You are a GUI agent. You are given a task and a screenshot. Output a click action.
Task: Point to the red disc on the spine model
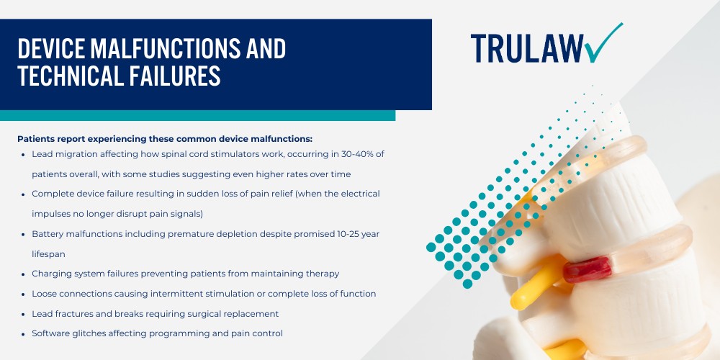(587, 270)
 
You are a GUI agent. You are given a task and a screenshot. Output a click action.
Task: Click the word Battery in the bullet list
(49, 234)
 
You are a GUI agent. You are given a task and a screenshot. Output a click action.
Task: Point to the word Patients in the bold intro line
(37, 138)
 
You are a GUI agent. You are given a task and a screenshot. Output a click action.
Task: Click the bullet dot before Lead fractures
(24, 314)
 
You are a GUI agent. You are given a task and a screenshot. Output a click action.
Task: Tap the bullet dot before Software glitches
(24, 334)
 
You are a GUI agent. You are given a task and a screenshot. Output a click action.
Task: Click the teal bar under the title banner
(197, 115)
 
